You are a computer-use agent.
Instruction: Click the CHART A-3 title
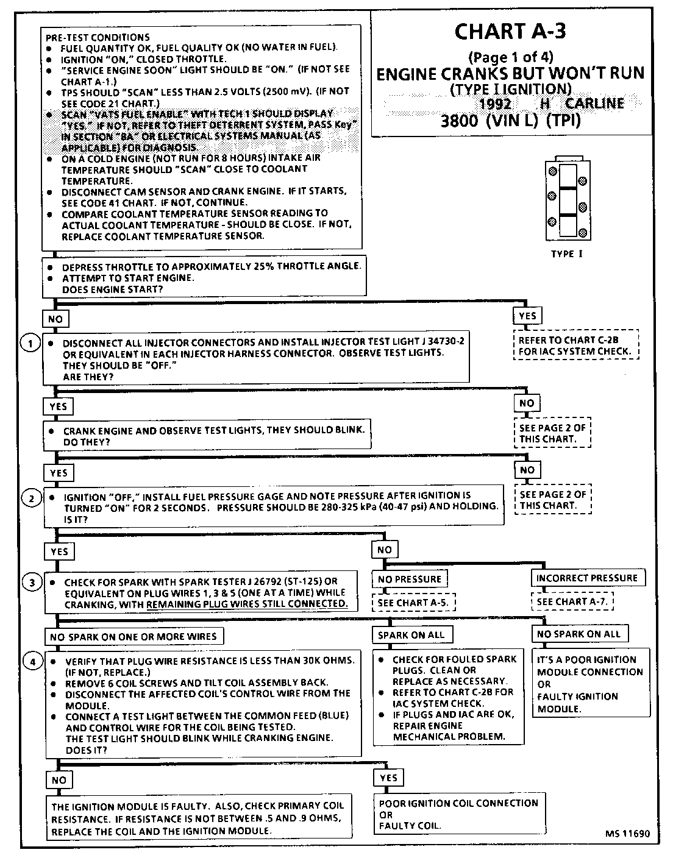pos(510,32)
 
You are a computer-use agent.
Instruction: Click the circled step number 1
pos(30,343)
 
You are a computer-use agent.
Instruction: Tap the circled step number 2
pos(31,498)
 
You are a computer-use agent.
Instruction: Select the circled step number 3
pos(32,583)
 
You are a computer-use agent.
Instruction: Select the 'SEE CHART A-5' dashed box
pos(414,603)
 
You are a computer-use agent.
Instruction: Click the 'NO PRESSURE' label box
pos(410,578)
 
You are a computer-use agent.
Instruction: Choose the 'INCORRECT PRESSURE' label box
pos(586,578)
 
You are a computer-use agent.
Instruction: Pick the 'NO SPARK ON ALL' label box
pos(579,634)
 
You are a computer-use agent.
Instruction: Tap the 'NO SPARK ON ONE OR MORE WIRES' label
pos(134,636)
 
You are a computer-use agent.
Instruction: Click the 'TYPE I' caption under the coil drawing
pos(566,253)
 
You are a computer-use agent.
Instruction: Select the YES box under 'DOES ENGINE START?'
pos(527,316)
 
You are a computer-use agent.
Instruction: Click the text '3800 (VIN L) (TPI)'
pos(510,121)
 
